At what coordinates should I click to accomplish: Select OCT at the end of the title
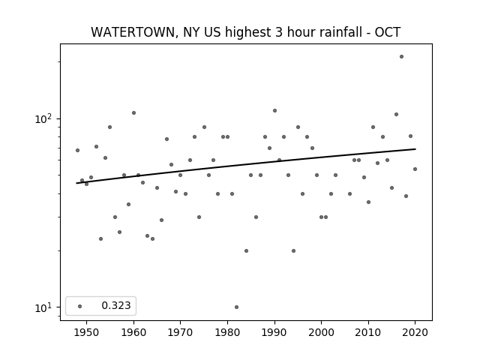(388, 32)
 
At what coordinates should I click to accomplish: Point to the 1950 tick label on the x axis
(86, 332)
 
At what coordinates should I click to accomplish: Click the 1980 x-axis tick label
(227, 332)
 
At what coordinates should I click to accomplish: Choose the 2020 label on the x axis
(415, 332)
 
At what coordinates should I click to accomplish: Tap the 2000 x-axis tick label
(321, 332)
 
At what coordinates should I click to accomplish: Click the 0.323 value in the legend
(116, 305)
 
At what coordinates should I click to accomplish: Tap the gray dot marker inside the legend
(80, 306)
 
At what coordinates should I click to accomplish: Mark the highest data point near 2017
(401, 57)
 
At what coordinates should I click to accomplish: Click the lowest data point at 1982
(236, 307)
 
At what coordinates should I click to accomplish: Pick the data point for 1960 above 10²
(133, 113)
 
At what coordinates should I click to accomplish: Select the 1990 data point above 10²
(274, 111)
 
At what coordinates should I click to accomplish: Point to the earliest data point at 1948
(77, 150)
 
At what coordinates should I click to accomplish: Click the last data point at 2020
(415, 169)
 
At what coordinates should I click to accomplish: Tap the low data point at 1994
(293, 251)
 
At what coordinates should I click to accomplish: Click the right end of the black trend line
(415, 149)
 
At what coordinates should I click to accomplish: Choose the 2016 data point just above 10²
(396, 115)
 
